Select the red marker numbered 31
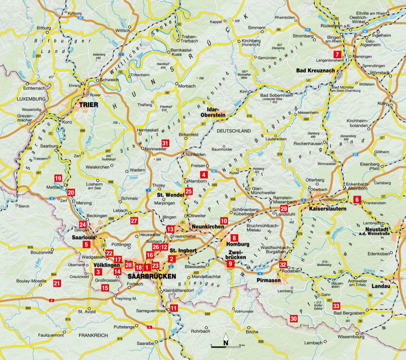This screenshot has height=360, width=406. click(166, 143)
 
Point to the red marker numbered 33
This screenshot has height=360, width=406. click(336, 306)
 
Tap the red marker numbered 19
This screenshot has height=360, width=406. click(58, 179)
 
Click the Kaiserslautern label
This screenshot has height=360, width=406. click(328, 209)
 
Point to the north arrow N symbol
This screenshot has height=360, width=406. click(226, 343)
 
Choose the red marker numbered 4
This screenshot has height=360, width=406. click(204, 175)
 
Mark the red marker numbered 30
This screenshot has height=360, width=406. click(293, 318)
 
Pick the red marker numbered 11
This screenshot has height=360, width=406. click(174, 307)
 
